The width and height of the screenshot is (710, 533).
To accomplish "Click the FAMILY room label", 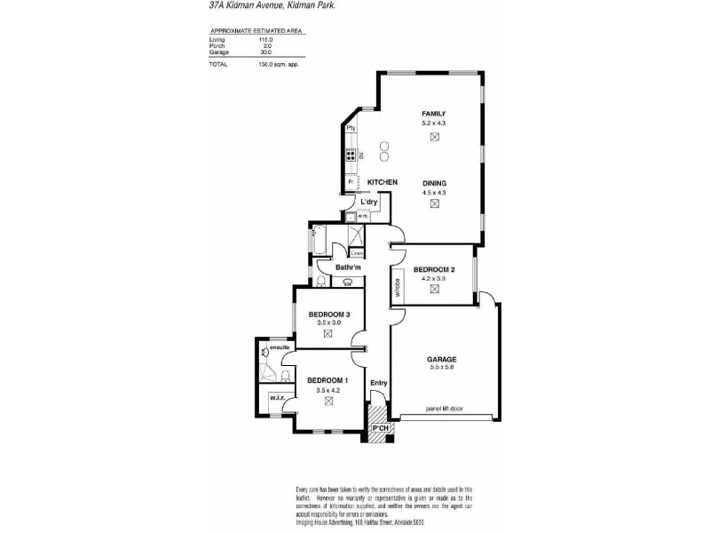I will click(x=433, y=114).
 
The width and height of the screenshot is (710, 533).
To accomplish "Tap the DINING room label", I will click(x=433, y=183).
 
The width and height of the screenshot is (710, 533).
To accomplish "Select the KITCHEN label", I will click(x=382, y=182).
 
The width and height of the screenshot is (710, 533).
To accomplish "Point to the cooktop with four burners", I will click(x=351, y=155).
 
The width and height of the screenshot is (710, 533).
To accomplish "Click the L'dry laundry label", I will click(x=369, y=202).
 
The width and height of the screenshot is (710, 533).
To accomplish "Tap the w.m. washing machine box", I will click(x=363, y=215).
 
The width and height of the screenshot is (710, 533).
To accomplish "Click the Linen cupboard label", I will click(x=358, y=253).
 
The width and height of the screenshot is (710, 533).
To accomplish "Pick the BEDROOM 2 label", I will click(x=434, y=269).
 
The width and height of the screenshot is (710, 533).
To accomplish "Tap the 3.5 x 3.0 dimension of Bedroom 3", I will click(x=327, y=322).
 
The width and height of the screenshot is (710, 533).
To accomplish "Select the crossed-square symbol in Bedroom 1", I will click(x=327, y=402).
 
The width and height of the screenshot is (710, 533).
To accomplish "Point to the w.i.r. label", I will click(x=276, y=397).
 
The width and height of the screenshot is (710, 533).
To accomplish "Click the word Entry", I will click(x=379, y=384).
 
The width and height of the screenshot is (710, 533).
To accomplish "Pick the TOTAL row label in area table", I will click(x=218, y=64).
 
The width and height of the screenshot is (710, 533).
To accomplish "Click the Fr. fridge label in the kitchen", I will click(x=352, y=181).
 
